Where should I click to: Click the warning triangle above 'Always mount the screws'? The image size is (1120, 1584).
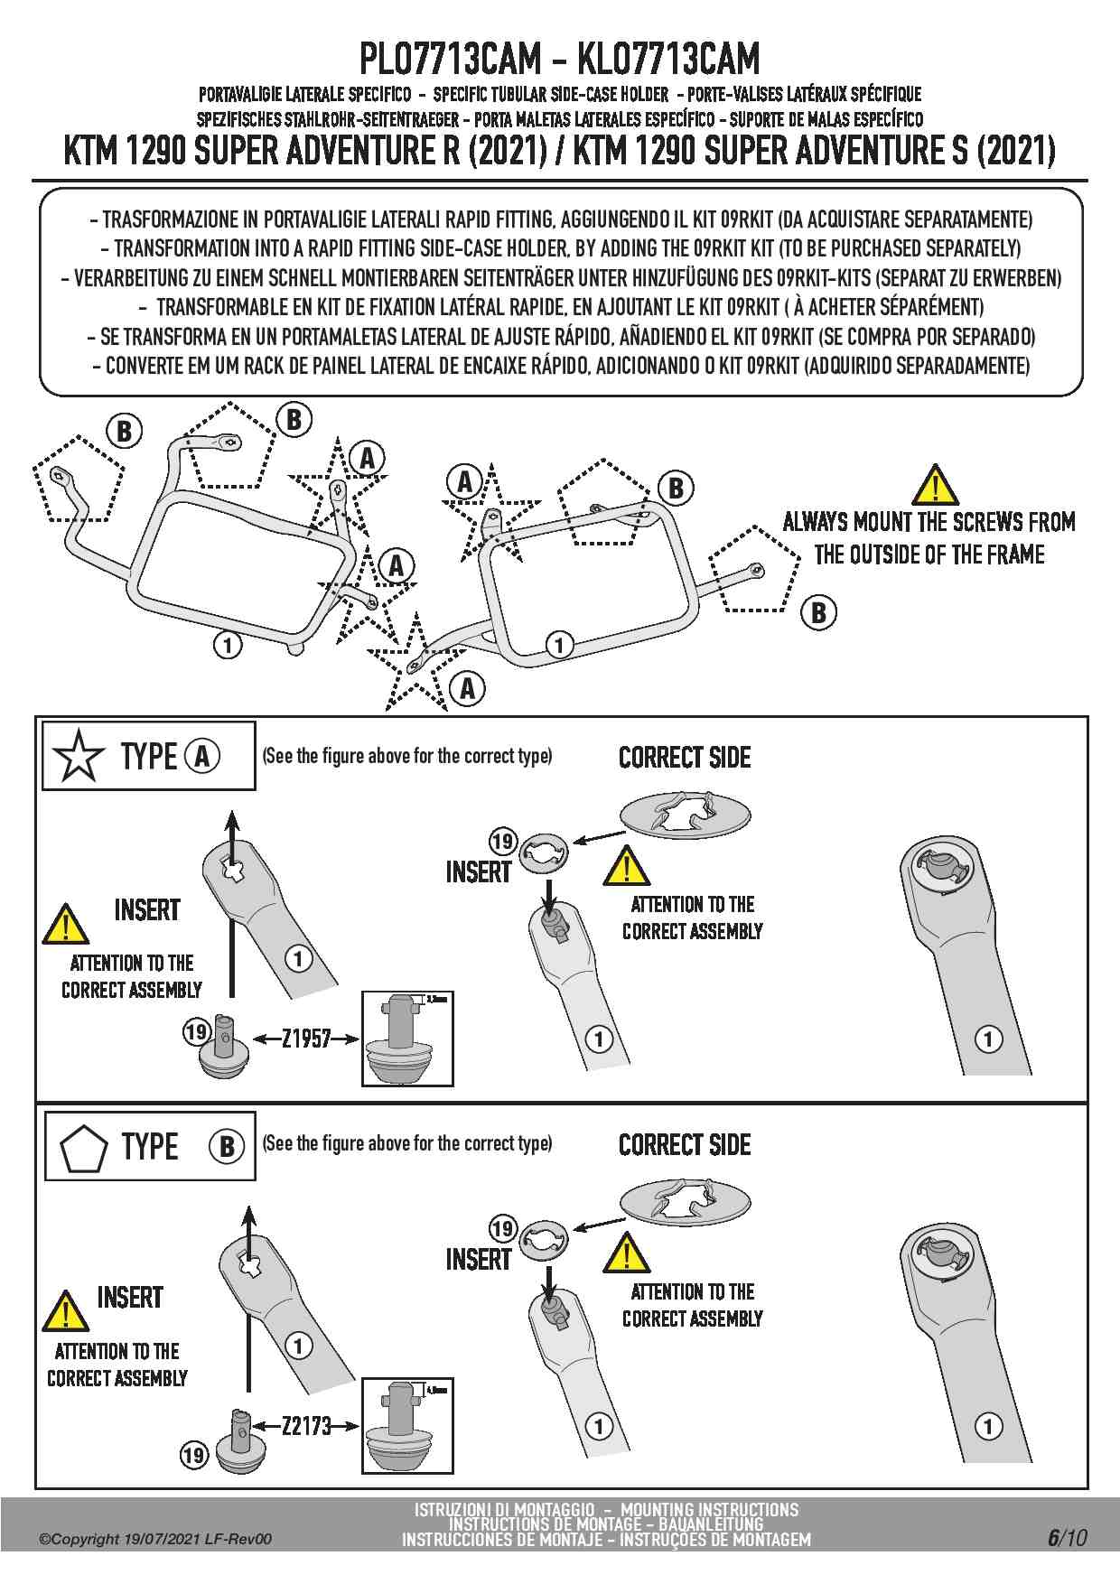935,486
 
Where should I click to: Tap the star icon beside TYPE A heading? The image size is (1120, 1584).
79,756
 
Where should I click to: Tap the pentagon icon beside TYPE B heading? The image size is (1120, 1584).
84,1147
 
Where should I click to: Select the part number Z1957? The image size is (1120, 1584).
306,1039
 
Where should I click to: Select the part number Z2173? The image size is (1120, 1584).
306,1426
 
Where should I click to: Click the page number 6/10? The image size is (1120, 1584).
1067,1538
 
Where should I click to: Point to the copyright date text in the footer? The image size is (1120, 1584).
154,1540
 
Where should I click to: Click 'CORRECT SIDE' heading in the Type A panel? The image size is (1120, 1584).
685,758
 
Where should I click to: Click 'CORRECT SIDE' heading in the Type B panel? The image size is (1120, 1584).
685,1145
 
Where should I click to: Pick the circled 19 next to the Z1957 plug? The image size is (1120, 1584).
196,1031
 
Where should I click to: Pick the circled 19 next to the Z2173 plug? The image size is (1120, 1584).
193,1455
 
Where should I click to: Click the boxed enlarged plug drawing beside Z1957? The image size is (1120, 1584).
406,1038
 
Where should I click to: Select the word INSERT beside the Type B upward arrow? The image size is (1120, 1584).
130,1298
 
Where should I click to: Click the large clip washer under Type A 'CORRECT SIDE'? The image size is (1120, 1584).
685,815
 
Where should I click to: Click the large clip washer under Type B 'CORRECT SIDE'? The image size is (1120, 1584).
685,1203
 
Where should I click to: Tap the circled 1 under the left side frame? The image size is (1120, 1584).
228,645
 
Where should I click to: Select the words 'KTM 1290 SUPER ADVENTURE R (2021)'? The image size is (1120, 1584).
306,152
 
